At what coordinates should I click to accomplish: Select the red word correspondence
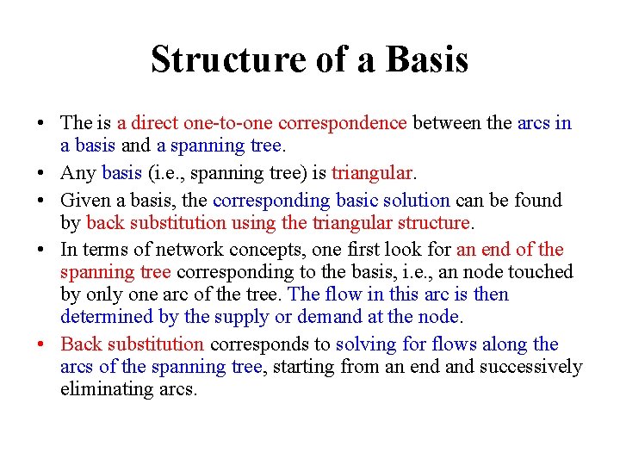[x=343, y=123]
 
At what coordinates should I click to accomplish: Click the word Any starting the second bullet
[x=78, y=173]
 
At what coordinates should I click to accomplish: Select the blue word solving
[x=364, y=344]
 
